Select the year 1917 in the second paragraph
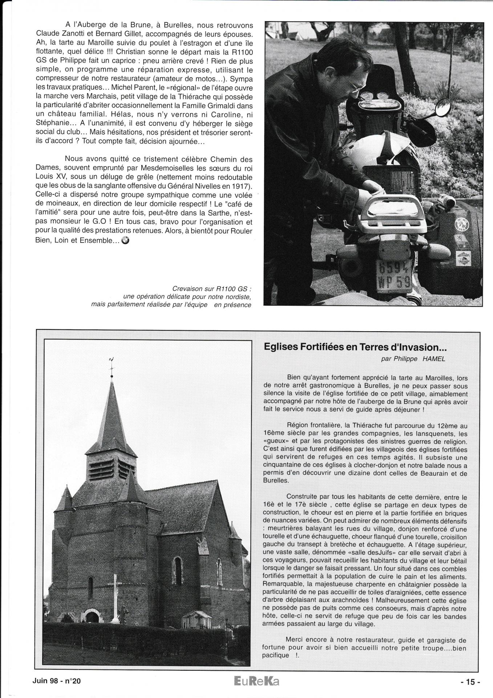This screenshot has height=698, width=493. coord(243,186)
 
